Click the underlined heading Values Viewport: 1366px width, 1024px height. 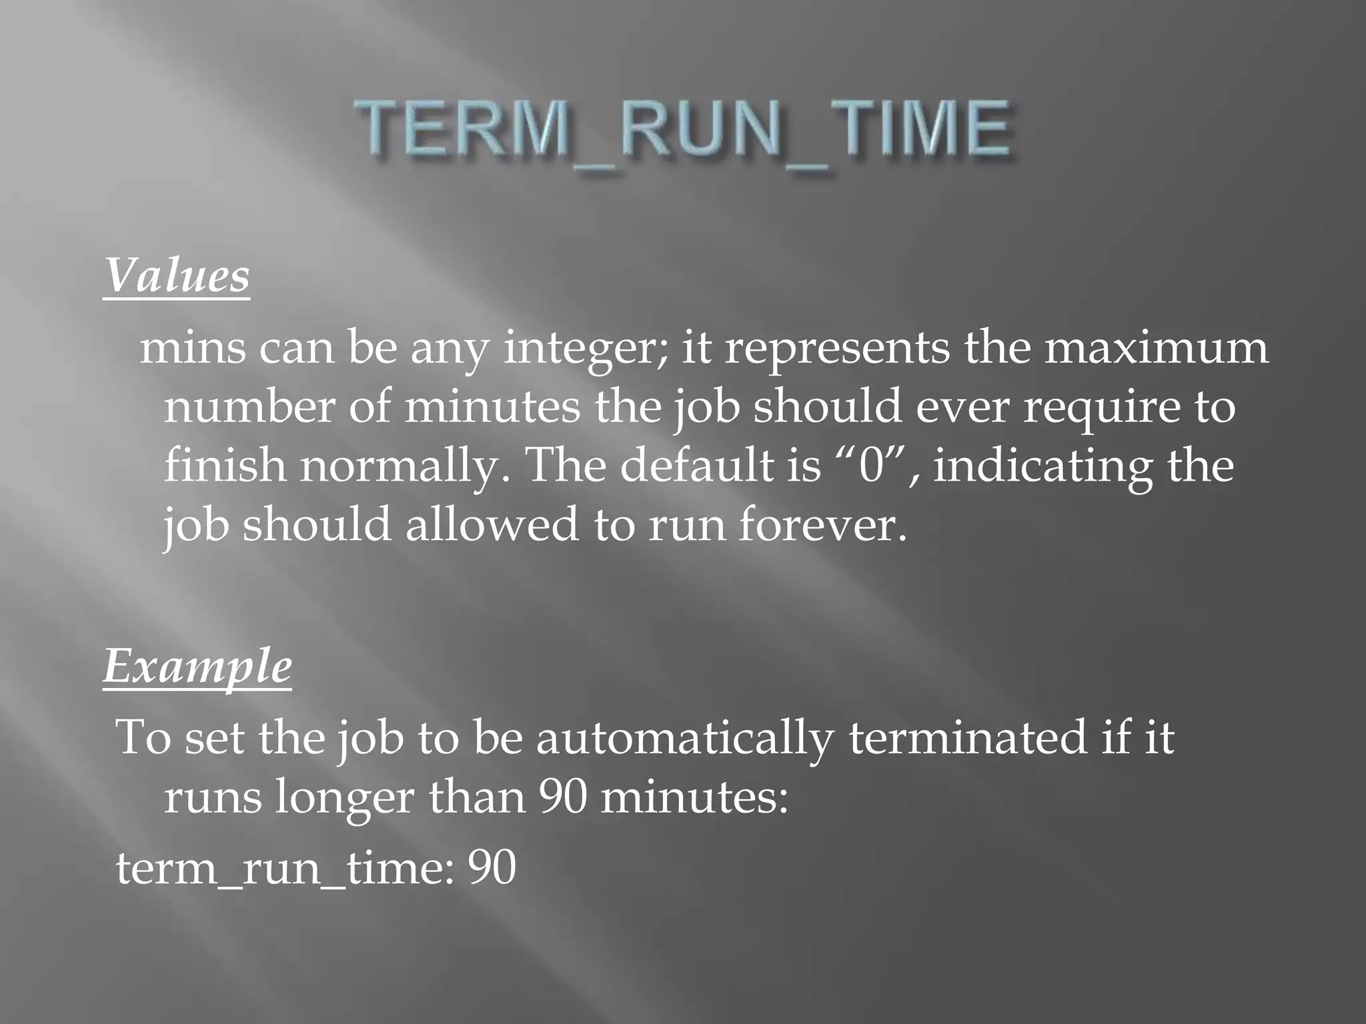[x=177, y=275]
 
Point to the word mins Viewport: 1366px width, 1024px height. [x=193, y=348]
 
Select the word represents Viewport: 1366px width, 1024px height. [x=836, y=349]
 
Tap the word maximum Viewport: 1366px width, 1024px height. [x=1156, y=348]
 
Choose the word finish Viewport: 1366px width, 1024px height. [x=224, y=465]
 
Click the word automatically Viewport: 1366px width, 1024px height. [x=685, y=739]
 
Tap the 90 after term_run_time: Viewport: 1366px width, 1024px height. [x=492, y=868]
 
